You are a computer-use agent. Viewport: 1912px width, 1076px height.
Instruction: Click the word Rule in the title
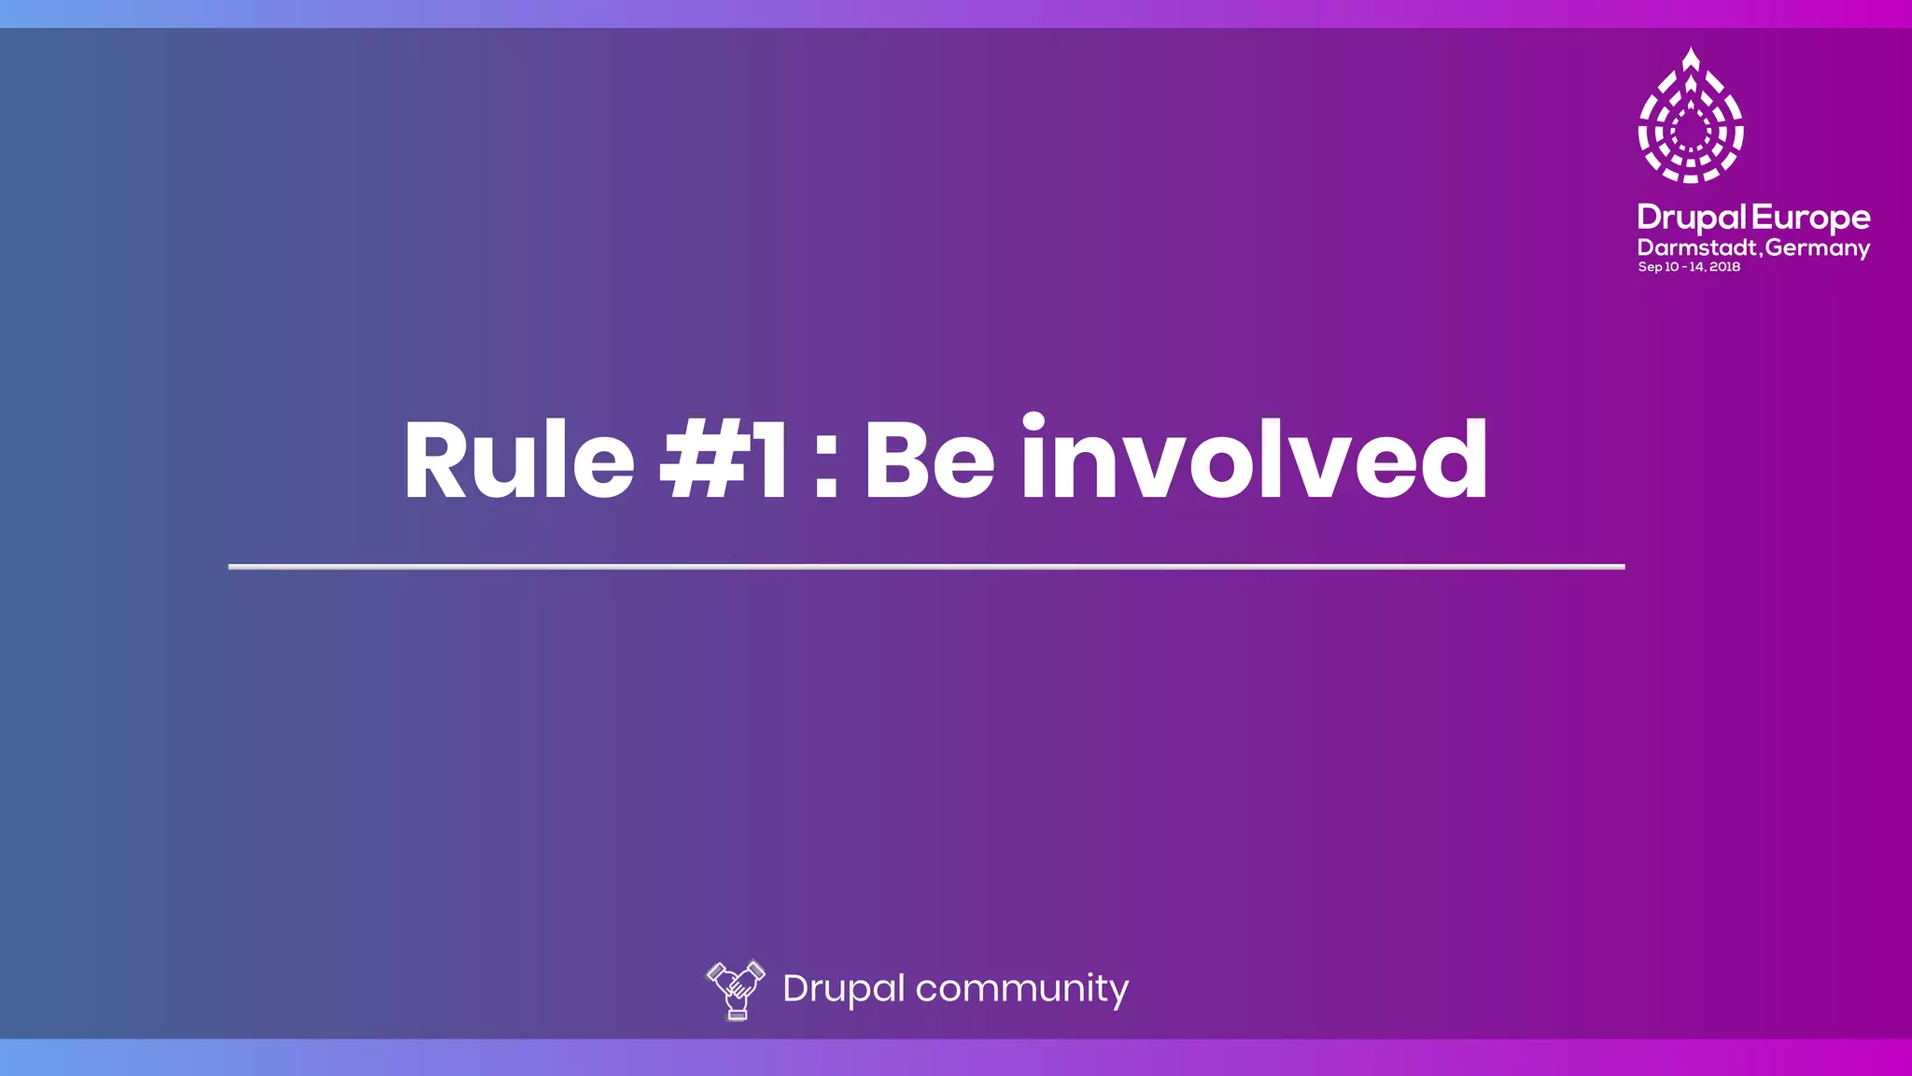coord(519,460)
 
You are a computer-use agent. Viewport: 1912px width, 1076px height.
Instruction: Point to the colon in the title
coord(825,461)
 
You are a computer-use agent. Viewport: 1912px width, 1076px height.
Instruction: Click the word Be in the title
coord(929,460)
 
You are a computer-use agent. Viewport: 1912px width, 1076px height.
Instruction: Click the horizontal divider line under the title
coord(926,566)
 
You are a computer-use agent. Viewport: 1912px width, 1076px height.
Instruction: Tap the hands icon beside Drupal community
coord(736,989)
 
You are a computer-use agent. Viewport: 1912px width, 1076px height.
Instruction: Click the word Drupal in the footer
coord(843,988)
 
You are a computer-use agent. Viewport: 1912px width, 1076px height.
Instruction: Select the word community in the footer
coord(1021,988)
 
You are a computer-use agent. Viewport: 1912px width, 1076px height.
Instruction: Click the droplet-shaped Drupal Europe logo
coord(1691,116)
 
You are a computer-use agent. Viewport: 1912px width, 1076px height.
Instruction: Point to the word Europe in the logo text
coord(1811,218)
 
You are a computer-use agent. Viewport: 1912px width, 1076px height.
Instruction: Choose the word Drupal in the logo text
coord(1692,218)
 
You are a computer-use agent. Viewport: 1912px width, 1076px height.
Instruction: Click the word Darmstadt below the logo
coord(1698,248)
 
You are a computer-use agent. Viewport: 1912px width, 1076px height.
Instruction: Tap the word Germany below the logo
coord(1818,248)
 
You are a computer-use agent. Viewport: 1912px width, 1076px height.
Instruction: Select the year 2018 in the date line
coord(1725,267)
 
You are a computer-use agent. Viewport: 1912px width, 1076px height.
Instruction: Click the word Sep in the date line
coord(1650,267)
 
